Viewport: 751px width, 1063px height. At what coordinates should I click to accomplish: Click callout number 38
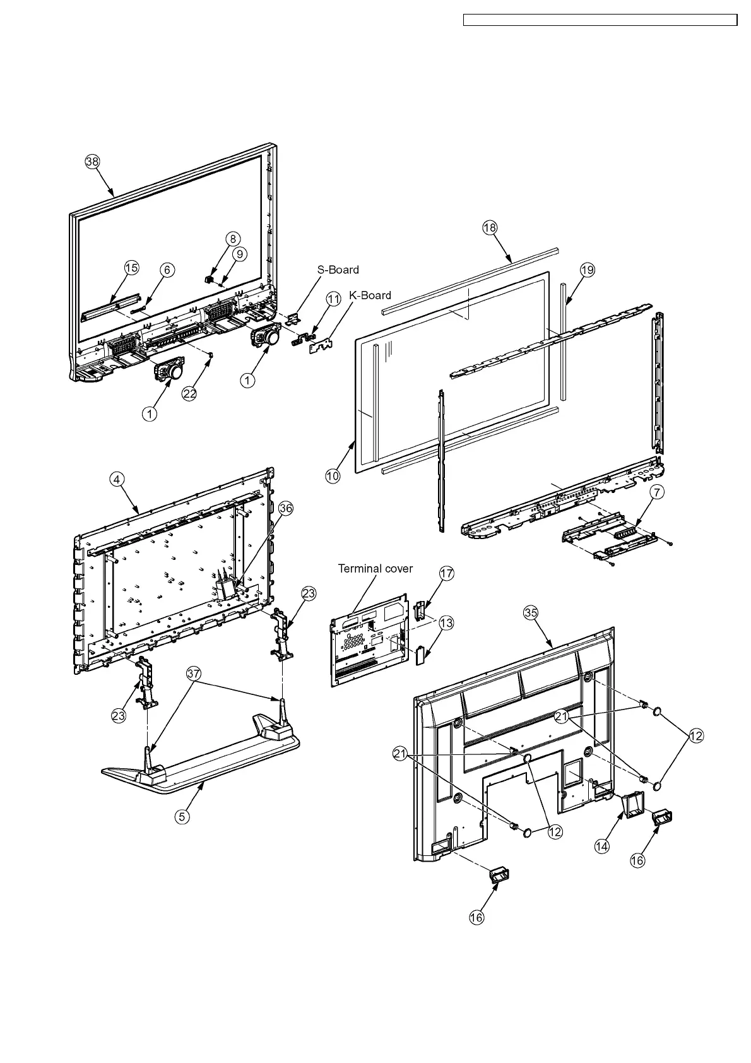92,162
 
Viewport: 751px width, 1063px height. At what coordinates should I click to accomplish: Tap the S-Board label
338,270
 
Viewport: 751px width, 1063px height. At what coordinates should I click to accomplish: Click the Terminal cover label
375,568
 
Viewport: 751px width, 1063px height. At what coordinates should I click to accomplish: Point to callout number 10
333,476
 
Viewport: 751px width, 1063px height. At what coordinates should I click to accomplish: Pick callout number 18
490,228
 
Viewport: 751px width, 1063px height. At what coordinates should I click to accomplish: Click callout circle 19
587,270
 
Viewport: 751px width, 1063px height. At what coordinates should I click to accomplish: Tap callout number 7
657,494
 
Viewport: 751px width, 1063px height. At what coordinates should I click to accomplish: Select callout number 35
531,611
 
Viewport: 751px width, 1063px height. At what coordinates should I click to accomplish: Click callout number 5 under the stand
182,816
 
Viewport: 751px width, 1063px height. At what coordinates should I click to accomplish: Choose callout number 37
194,673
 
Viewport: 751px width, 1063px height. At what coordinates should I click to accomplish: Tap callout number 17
446,573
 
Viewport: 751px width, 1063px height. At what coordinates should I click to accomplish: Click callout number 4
116,479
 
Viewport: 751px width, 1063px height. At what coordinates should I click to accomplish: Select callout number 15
131,268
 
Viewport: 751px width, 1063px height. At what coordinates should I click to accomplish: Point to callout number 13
446,623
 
